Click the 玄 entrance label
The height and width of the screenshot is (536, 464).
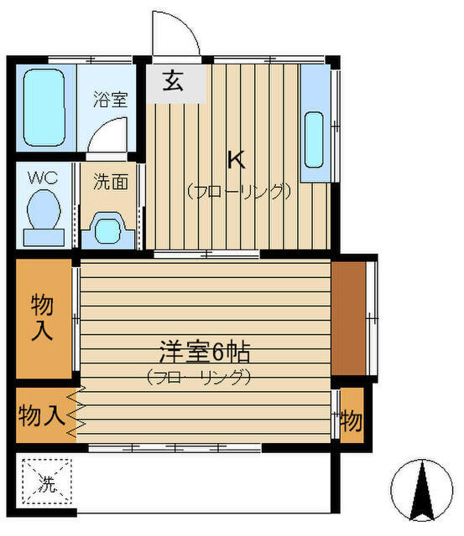click(173, 82)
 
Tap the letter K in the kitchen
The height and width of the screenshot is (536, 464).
click(237, 157)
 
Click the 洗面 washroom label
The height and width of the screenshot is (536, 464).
click(110, 181)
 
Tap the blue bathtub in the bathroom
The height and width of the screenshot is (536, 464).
click(45, 107)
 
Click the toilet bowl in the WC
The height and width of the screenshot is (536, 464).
click(43, 212)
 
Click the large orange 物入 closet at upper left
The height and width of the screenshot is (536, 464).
click(44, 318)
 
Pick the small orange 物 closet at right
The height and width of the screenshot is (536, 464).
click(351, 415)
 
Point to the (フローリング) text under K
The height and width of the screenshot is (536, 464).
click(238, 190)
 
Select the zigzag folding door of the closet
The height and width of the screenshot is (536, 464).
click(76, 415)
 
